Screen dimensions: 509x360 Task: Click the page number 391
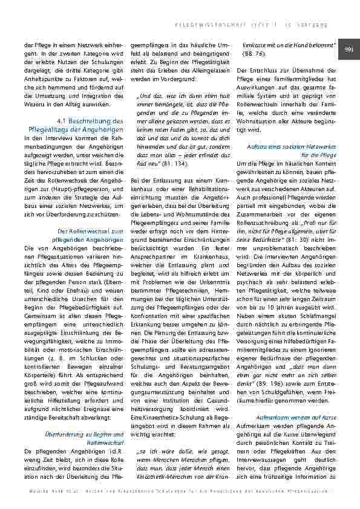coord(349,49)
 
